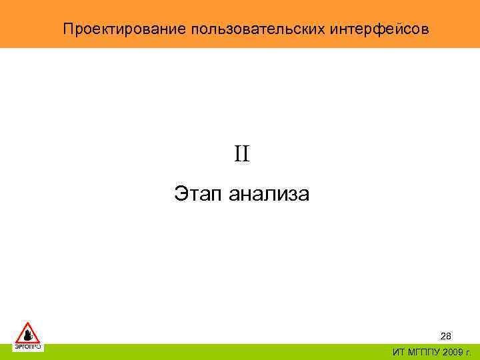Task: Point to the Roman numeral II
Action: click(x=241, y=155)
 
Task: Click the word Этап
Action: click(x=199, y=195)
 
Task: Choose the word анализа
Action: click(x=269, y=195)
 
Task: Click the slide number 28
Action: click(x=446, y=336)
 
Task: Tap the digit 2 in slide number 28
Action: click(x=443, y=336)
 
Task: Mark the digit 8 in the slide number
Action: click(x=449, y=336)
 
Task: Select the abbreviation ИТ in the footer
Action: click(x=398, y=352)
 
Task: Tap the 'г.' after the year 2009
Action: click(x=468, y=352)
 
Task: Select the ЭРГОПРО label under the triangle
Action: click(x=28, y=347)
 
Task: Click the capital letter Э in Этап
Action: click(x=181, y=195)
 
